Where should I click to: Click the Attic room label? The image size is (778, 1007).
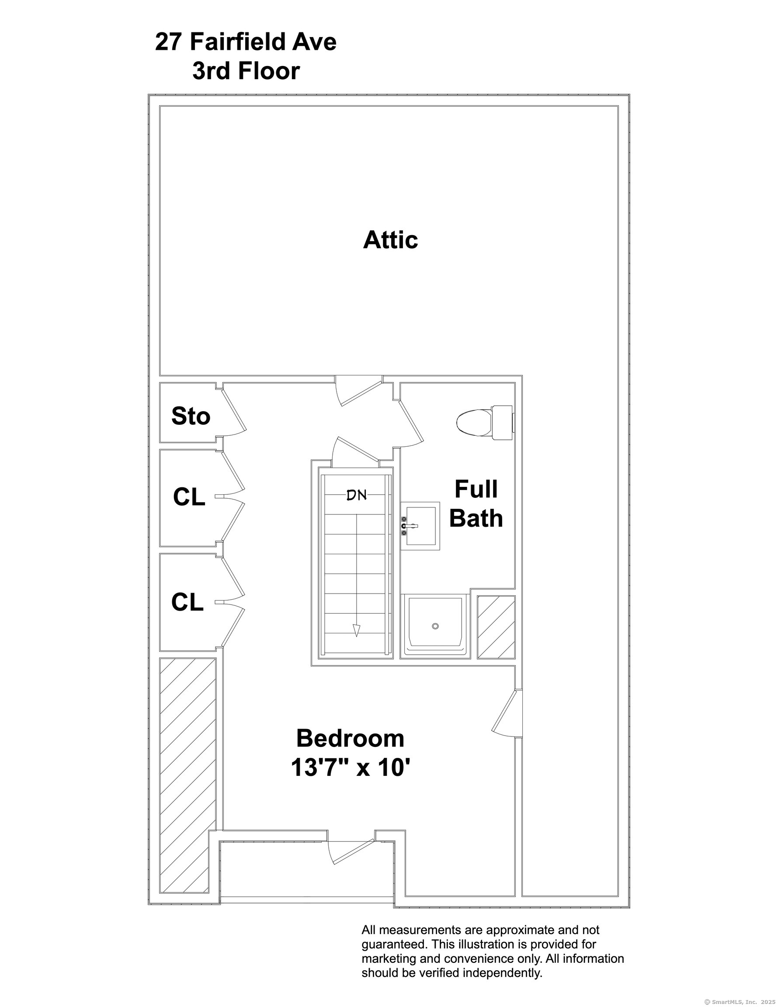pyautogui.click(x=390, y=240)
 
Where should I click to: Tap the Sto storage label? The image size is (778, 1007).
pyautogui.click(x=191, y=416)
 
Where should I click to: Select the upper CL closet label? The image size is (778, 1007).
pyautogui.click(x=189, y=497)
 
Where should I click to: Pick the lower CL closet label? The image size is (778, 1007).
pyautogui.click(x=187, y=602)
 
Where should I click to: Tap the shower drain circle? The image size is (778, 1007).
pyautogui.click(x=435, y=626)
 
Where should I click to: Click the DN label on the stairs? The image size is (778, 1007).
pyautogui.click(x=357, y=496)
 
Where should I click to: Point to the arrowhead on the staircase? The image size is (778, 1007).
pyautogui.click(x=357, y=630)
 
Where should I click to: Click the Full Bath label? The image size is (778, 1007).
pyautogui.click(x=476, y=503)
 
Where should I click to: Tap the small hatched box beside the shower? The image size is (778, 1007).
pyautogui.click(x=496, y=627)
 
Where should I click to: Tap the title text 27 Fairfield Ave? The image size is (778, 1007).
pyautogui.click(x=246, y=42)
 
